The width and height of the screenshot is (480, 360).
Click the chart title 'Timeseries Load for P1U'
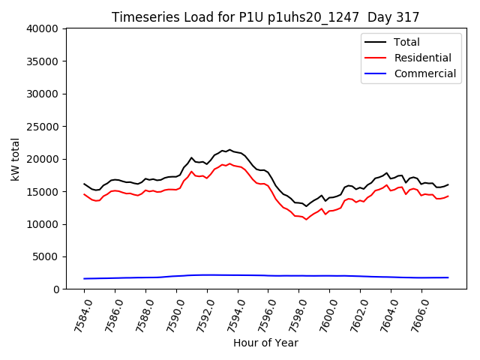coord(265,16)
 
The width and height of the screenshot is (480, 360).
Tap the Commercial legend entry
coord(424,73)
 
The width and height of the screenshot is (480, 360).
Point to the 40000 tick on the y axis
coord(43,28)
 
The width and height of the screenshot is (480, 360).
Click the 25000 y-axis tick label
coord(43,126)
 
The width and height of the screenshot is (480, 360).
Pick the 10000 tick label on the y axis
coord(43,223)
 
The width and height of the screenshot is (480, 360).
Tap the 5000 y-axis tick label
coord(46,256)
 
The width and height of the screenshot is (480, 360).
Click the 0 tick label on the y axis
coord(55,289)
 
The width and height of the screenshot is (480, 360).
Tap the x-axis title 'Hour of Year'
coord(265,343)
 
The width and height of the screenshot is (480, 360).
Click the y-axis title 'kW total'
coord(15,159)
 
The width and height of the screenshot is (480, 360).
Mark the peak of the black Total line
coord(229,150)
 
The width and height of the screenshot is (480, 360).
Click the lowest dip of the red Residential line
coord(306,219)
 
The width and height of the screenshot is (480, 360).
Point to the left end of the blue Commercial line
coord(84,278)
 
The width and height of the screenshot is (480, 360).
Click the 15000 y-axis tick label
coord(43,191)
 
